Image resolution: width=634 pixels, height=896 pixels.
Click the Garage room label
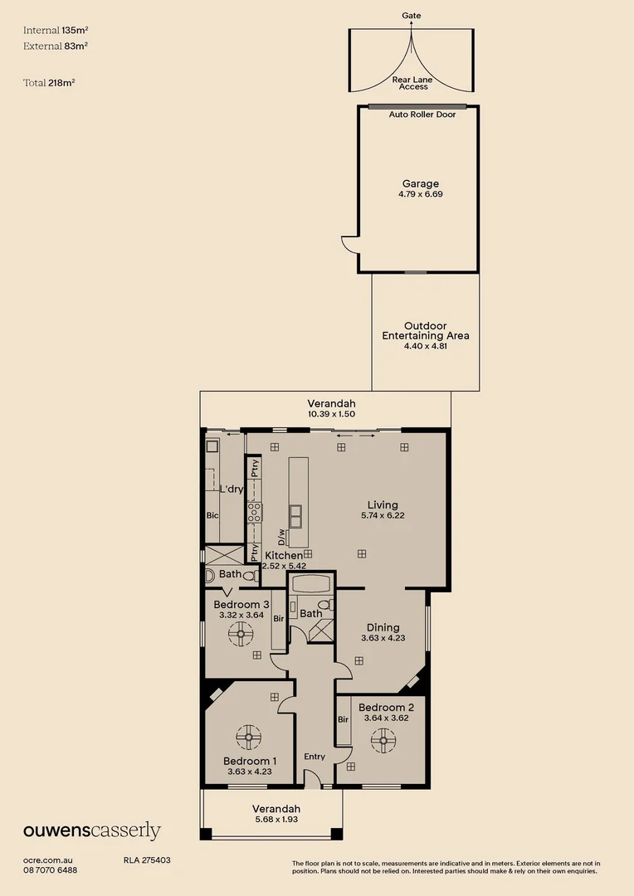tap(421, 183)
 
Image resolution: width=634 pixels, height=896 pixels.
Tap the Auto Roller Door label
tap(422, 114)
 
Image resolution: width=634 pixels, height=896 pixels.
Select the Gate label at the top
tap(412, 16)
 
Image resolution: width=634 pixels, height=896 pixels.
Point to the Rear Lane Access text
tap(412, 84)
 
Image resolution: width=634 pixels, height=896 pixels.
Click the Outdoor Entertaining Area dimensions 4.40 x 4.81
tap(426, 346)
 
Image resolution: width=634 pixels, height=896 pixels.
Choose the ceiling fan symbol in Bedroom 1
tap(249, 738)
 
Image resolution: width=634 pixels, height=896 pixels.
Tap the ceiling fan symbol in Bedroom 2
tap(383, 741)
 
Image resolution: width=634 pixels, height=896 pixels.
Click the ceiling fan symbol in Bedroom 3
tap(241, 634)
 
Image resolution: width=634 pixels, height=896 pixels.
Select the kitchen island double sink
tap(296, 516)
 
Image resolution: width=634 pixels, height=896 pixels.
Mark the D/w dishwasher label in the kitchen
tap(281, 537)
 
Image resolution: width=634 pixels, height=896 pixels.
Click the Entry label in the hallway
tap(315, 757)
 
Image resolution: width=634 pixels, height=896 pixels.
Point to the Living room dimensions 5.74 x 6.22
tap(383, 515)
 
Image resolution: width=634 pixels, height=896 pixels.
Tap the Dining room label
tap(383, 627)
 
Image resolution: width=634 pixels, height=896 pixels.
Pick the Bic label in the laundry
tap(212, 515)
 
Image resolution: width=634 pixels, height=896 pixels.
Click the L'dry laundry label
tap(232, 489)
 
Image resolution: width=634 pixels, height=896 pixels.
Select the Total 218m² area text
tap(49, 83)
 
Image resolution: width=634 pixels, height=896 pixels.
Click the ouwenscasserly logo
tap(92, 831)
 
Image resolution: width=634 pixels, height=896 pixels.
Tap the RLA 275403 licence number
tap(147, 860)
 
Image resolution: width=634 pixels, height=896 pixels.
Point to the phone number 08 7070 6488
tap(51, 870)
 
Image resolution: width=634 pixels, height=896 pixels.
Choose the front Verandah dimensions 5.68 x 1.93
tap(276, 820)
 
